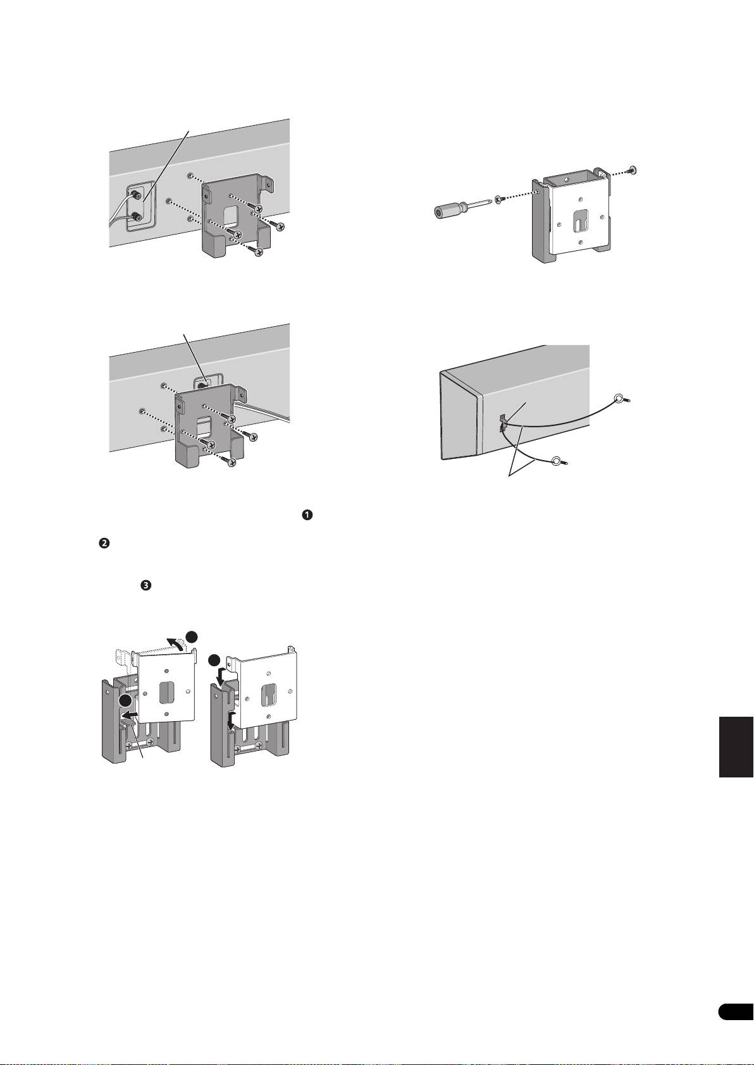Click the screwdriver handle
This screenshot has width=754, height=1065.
click(x=448, y=210)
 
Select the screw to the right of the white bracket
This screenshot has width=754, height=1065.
click(x=632, y=169)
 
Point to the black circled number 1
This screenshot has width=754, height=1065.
click(x=307, y=515)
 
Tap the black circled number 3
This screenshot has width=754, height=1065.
click(x=145, y=587)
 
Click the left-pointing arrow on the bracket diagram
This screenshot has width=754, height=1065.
click(x=130, y=715)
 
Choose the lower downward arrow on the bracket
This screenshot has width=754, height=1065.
click(x=231, y=720)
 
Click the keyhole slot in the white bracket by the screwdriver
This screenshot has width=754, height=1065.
click(x=578, y=221)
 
